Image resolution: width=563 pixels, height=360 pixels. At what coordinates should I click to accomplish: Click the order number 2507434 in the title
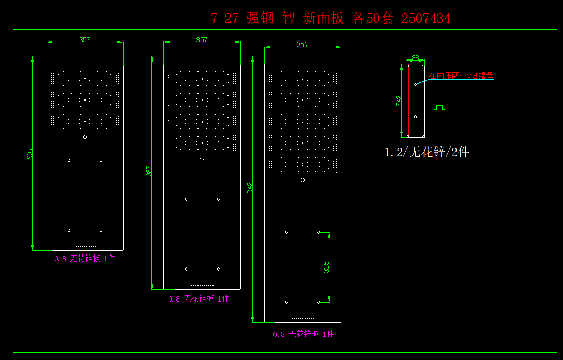[x=426, y=19]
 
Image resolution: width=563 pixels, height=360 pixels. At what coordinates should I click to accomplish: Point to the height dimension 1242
[x=250, y=189]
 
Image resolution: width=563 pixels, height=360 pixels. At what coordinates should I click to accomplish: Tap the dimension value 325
[x=326, y=267]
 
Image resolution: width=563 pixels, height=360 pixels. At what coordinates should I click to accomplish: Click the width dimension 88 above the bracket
[x=415, y=58]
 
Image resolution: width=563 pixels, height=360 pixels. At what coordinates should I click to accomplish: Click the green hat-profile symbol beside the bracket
[x=439, y=108]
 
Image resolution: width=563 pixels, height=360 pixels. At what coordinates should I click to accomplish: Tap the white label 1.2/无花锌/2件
[x=427, y=152]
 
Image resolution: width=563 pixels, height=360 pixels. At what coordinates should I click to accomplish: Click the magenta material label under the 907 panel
[x=85, y=259]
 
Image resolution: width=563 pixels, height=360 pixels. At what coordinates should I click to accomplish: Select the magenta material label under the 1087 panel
[x=199, y=299]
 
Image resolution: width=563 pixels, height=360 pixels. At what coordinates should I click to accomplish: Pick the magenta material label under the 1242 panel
[x=303, y=334]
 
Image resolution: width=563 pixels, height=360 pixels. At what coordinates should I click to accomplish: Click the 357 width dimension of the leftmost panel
[x=85, y=40]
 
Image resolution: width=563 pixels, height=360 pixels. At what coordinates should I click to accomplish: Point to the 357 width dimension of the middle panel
[x=202, y=40]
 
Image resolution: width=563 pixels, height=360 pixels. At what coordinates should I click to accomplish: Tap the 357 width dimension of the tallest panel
[x=302, y=44]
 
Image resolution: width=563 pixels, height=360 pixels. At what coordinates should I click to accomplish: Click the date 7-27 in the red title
[x=225, y=19]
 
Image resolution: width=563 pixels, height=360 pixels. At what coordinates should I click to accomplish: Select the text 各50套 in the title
[x=373, y=19]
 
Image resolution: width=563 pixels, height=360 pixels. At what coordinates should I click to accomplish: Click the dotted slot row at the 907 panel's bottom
[x=85, y=247]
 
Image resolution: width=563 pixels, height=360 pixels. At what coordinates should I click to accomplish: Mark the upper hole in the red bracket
[x=415, y=84]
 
